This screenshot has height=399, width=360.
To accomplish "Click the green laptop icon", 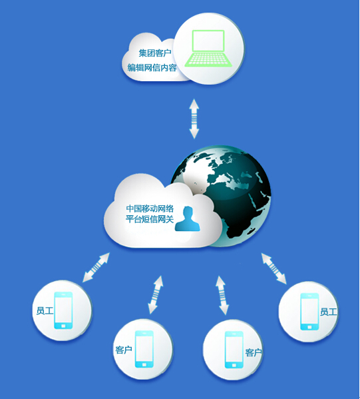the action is coord(208,49).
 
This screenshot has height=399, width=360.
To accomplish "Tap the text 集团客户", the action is coord(155,53).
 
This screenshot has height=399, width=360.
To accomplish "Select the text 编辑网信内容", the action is coord(152,68).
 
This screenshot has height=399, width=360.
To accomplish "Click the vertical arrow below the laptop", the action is coord(194,119).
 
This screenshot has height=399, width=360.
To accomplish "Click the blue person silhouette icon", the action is coord(188,218).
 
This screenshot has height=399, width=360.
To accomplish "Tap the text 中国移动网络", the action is coord(150,208).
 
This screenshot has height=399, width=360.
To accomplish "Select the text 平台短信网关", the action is coord(150,219).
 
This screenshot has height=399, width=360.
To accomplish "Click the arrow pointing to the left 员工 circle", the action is coord(96,267).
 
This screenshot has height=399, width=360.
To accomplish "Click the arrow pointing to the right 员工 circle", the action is coord(273,268).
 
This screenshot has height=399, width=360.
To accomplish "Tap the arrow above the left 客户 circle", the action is coord(156,294).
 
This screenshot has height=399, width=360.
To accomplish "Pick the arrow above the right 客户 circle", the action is coord(222,295).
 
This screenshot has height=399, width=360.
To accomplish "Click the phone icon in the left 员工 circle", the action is coord(63,310).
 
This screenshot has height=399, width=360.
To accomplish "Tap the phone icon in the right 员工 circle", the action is coord(309,312).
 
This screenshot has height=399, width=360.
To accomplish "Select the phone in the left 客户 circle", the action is coord(144,349).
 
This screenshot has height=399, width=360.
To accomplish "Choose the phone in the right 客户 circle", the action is coord(234,350).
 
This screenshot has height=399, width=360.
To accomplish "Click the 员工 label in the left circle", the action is coord(45,310).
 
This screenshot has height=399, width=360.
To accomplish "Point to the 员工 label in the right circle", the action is coord(329,312).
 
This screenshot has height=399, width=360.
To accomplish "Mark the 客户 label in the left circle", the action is coord(124,350).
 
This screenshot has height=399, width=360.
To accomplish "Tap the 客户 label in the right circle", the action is coord(254,352).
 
